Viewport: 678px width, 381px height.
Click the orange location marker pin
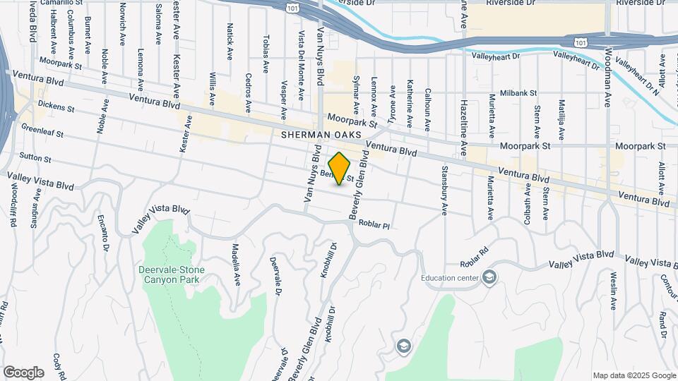[340, 169]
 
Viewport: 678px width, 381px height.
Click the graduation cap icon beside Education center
[489, 277]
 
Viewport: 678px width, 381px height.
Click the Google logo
[23, 372]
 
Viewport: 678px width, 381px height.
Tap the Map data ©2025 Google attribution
[634, 375]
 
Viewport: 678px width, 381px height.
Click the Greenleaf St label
[42, 131]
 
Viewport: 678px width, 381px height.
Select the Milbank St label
[518, 92]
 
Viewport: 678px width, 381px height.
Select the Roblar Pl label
[374, 225]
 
